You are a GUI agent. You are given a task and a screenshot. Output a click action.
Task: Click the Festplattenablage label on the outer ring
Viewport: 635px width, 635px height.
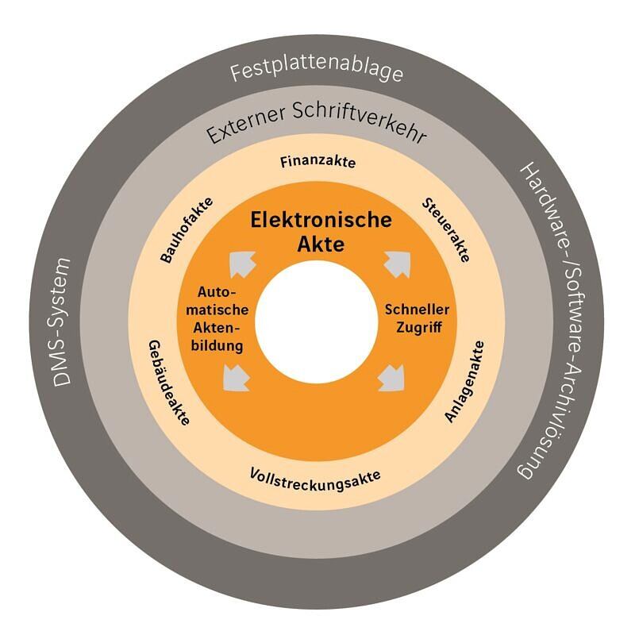coord(317,73)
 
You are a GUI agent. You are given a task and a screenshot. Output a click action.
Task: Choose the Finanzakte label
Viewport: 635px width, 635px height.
coord(317,163)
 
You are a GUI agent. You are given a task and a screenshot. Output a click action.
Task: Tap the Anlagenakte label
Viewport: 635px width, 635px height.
coord(464,380)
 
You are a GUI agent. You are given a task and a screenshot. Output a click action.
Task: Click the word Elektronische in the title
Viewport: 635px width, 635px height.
coord(321,220)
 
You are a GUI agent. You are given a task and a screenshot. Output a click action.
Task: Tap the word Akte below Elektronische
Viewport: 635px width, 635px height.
coord(321,244)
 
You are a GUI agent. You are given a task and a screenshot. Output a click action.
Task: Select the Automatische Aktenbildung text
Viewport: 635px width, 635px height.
coord(217,318)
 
